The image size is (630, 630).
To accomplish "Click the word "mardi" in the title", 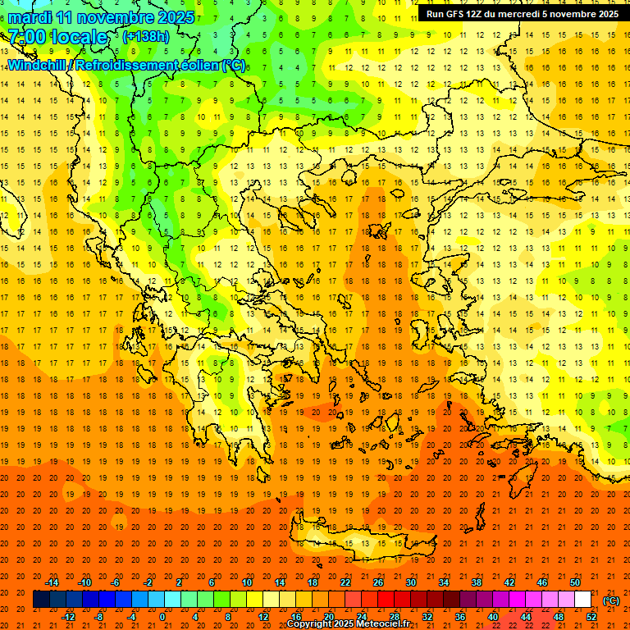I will [30, 17].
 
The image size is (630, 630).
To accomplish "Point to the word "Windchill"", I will [37, 65].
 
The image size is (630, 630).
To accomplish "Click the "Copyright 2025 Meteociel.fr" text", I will [348, 624].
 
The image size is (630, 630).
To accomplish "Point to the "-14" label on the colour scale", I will [52, 582].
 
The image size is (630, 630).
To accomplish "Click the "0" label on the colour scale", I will [162, 616].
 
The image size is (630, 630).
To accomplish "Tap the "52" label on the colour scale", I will [591, 616].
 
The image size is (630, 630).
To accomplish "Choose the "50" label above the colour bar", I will [575, 582].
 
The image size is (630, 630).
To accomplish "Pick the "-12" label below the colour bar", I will [68, 616].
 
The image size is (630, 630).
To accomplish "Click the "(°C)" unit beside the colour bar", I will [611, 600].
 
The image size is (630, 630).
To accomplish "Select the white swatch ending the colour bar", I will [583, 600].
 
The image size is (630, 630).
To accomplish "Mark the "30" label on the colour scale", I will [410, 582].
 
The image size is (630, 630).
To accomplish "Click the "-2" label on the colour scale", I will [148, 582].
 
